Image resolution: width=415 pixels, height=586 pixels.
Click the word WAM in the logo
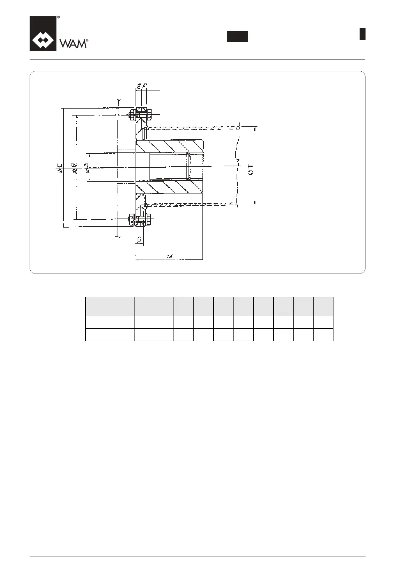[x=72, y=43]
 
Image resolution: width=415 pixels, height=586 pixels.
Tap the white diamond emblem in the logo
[x=43, y=41]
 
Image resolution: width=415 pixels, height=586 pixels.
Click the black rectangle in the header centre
[x=237, y=37]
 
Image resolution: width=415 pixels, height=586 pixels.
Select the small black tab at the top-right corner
[x=362, y=34]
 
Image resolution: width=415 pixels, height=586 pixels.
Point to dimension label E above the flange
[x=138, y=86]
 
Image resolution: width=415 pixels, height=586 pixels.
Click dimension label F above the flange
[x=144, y=86]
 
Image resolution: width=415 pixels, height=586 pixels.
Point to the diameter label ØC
[x=60, y=168]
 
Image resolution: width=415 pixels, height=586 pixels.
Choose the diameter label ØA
[x=87, y=168]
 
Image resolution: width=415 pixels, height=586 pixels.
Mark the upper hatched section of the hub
[x=169, y=146]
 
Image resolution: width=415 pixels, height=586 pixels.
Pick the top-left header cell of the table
[x=110, y=306]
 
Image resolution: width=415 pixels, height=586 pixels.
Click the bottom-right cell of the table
[x=323, y=334]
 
